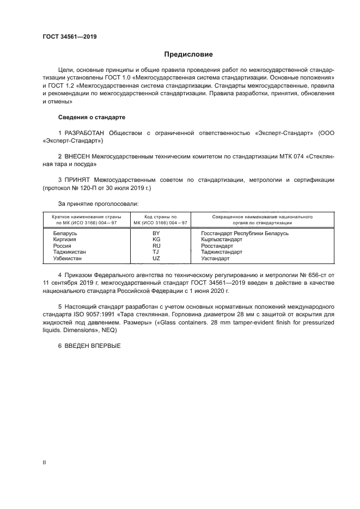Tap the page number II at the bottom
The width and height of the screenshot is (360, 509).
[44, 462]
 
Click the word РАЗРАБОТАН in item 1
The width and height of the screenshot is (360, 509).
[86, 133]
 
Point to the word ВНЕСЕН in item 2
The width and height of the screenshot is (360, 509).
[83, 156]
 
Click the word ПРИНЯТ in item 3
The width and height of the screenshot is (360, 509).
[81, 179]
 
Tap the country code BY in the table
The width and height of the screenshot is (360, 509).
[156, 233]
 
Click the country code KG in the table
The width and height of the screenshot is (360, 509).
[156, 239]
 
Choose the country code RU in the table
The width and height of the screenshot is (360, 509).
[156, 246]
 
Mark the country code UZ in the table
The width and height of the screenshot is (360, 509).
[156, 258]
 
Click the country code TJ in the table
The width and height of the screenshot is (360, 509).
[156, 252]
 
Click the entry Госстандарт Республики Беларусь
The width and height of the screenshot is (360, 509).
[245, 233]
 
